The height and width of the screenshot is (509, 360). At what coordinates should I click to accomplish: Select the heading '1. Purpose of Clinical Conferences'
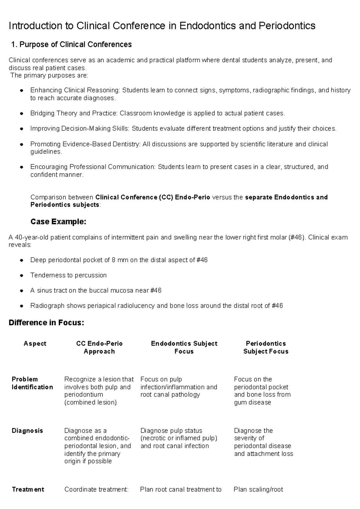[71, 45]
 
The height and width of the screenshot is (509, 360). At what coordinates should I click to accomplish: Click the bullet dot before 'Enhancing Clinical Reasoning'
[21, 91]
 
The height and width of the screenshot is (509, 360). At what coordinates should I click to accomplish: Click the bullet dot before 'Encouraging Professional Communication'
[21, 167]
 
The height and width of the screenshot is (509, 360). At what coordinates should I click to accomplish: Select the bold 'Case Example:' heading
[58, 222]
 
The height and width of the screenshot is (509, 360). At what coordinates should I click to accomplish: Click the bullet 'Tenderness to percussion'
[68, 276]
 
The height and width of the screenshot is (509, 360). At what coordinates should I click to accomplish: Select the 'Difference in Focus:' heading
[46, 323]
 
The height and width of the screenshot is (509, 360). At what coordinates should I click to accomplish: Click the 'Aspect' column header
[35, 344]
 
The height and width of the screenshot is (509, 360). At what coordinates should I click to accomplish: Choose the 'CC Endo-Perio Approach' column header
[99, 348]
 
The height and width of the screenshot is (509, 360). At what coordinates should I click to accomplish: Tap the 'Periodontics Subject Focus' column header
[266, 348]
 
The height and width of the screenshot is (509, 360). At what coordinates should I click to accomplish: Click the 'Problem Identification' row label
[32, 383]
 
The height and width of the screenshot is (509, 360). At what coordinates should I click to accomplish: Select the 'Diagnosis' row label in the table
[27, 431]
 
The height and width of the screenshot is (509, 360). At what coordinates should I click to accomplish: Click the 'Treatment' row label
[28, 490]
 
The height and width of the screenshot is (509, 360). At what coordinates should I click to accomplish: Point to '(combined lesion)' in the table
[90, 402]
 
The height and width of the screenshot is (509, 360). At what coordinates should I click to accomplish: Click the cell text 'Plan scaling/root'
[258, 490]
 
